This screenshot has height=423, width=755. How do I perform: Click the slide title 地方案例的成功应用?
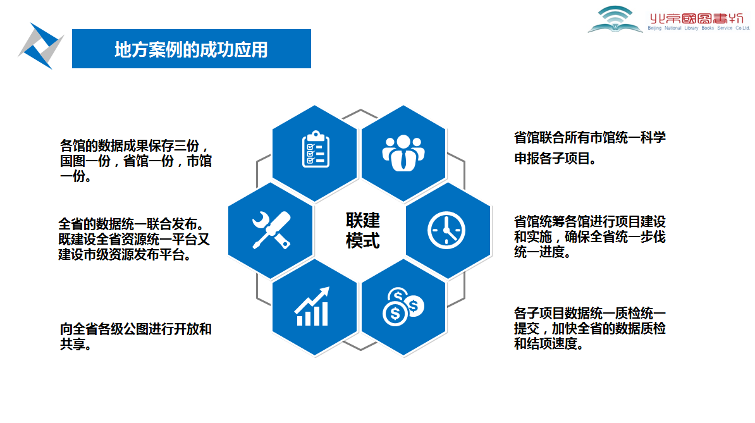(x=191, y=49)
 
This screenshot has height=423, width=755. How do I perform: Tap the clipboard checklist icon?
(x=316, y=149)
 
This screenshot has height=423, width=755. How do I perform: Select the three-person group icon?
(x=403, y=152)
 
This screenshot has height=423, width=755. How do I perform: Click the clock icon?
(x=446, y=230)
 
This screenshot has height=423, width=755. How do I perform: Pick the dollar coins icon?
(x=403, y=307)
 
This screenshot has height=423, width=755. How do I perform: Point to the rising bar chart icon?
(x=312, y=307)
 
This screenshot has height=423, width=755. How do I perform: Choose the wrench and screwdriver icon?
(x=271, y=230)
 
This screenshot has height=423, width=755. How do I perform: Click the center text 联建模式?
(x=362, y=231)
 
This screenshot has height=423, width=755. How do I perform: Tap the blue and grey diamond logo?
(x=40, y=46)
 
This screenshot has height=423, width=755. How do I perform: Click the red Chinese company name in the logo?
(x=697, y=18)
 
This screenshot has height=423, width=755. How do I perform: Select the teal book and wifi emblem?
(x=615, y=20)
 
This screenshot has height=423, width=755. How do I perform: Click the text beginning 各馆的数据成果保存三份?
(x=136, y=161)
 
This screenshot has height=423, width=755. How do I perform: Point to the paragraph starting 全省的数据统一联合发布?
(x=134, y=239)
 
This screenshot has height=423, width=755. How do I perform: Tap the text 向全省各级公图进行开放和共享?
(x=136, y=336)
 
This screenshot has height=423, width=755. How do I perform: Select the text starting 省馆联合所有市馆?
(x=590, y=148)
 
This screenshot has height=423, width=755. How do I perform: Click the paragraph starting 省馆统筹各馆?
(x=590, y=236)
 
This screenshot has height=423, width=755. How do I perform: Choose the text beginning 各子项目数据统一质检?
(x=590, y=328)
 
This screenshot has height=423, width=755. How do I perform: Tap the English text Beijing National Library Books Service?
(x=699, y=28)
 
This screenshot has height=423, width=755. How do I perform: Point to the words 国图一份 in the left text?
(x=85, y=161)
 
